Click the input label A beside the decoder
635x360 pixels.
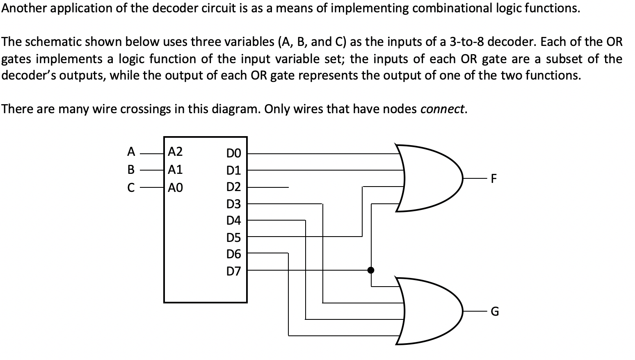pyautogui.click(x=131, y=152)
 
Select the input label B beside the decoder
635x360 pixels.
pyautogui.click(x=131, y=169)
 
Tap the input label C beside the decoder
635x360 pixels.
pyautogui.click(x=131, y=188)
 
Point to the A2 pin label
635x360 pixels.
pyautogui.click(x=176, y=152)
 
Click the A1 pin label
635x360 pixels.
pyautogui.click(x=176, y=169)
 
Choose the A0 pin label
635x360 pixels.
pyautogui.click(x=176, y=188)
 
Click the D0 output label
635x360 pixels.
pyautogui.click(x=234, y=153)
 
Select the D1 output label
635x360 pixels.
pyautogui.click(x=234, y=170)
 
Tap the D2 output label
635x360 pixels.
pyautogui.click(x=234, y=187)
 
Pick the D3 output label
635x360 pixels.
pyautogui.click(x=234, y=204)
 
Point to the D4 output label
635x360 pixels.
pyautogui.click(x=234, y=221)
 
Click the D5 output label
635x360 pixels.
pyautogui.click(x=234, y=238)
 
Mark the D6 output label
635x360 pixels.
pyautogui.click(x=234, y=255)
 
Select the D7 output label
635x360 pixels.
pyautogui.click(x=234, y=271)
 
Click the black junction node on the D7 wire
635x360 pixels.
pyautogui.click(x=371, y=270)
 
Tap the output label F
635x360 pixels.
pyautogui.click(x=494, y=178)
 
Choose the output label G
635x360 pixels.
pyautogui.click(x=495, y=312)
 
